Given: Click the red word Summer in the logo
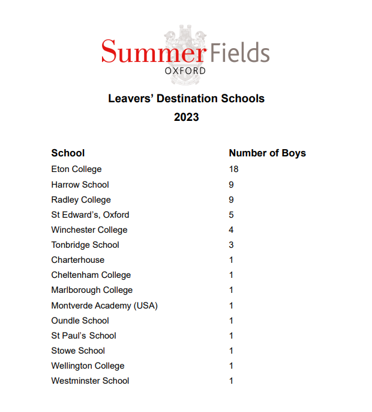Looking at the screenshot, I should tap(152, 52).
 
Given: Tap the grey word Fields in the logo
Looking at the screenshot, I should tap(239, 52).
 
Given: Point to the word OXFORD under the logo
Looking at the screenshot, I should tap(185, 71).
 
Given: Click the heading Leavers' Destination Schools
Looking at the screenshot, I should tap(186, 98).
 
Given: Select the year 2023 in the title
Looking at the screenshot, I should tap(186, 117).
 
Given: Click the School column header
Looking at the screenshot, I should tap(68, 153).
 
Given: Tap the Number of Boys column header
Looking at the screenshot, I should tap(267, 153).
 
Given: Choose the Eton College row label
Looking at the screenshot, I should tap(76, 169).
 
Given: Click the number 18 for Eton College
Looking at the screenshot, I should tap(233, 169).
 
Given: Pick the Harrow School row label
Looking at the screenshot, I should tap(80, 185).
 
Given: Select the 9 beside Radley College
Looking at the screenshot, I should tap(231, 200).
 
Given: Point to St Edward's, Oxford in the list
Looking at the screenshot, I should tap(90, 215).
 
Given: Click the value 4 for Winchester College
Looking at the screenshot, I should tap(231, 230).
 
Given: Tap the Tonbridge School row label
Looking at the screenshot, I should tap(85, 245).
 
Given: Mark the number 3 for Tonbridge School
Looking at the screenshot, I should tap(231, 245).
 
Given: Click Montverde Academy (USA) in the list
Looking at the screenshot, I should tap(104, 306).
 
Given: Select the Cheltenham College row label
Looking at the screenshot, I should tap(91, 275).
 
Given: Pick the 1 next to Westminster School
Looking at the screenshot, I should tap(231, 381).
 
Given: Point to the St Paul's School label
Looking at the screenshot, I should tap(83, 336).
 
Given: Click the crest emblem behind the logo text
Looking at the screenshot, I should tap(185, 36).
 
